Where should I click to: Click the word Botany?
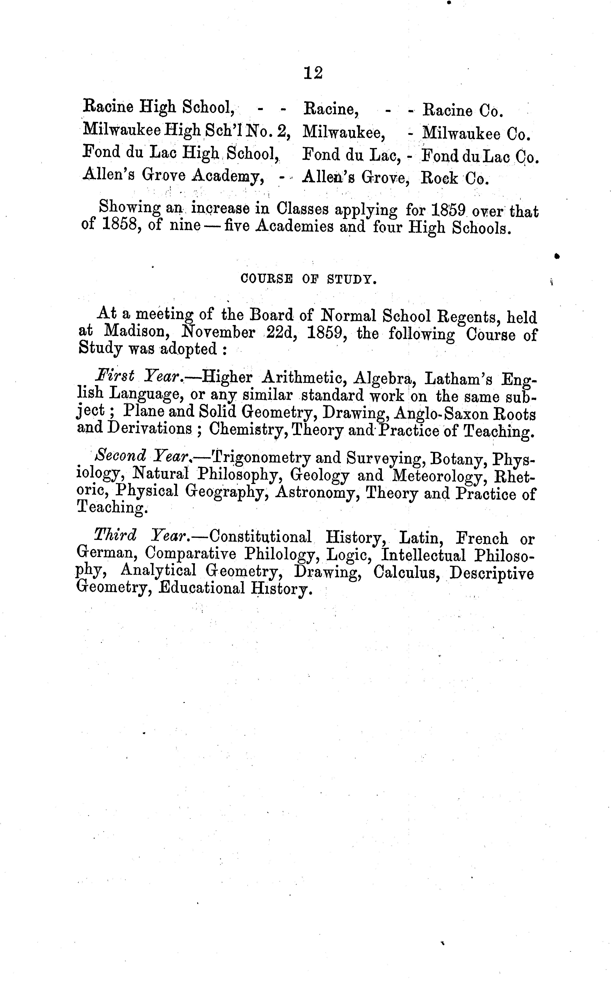point(457,459)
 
